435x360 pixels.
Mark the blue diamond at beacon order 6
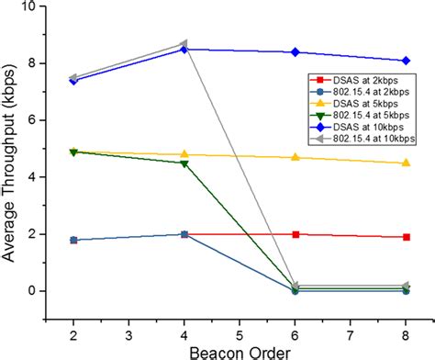click(295, 52)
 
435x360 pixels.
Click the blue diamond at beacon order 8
click(406, 61)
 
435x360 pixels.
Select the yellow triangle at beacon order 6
click(295, 157)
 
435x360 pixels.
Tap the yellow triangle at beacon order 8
click(406, 163)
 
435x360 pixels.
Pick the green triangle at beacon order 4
click(184, 163)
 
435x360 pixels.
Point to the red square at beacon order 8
click(406, 237)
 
